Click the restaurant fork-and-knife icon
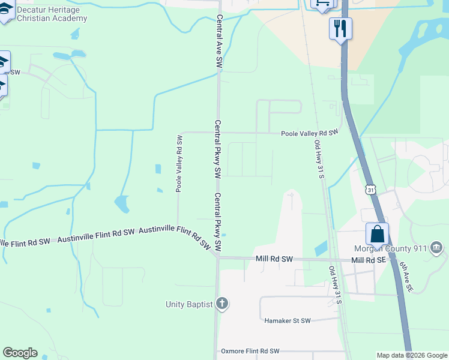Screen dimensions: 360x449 click(340, 28)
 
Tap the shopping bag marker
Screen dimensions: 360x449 click(377, 233)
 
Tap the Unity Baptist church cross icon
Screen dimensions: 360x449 click(222, 304)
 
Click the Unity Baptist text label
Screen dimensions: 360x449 click(189, 304)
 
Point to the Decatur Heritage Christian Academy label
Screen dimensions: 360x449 click(52, 14)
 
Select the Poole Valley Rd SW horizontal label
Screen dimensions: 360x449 click(310, 132)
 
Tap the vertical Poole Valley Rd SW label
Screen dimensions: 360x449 click(179, 163)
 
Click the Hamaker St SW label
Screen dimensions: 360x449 click(288, 321)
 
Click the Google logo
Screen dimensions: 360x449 click(20, 353)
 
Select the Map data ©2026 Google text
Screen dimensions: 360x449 click(411, 355)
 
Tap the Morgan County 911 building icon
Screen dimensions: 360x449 click(436, 247)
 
